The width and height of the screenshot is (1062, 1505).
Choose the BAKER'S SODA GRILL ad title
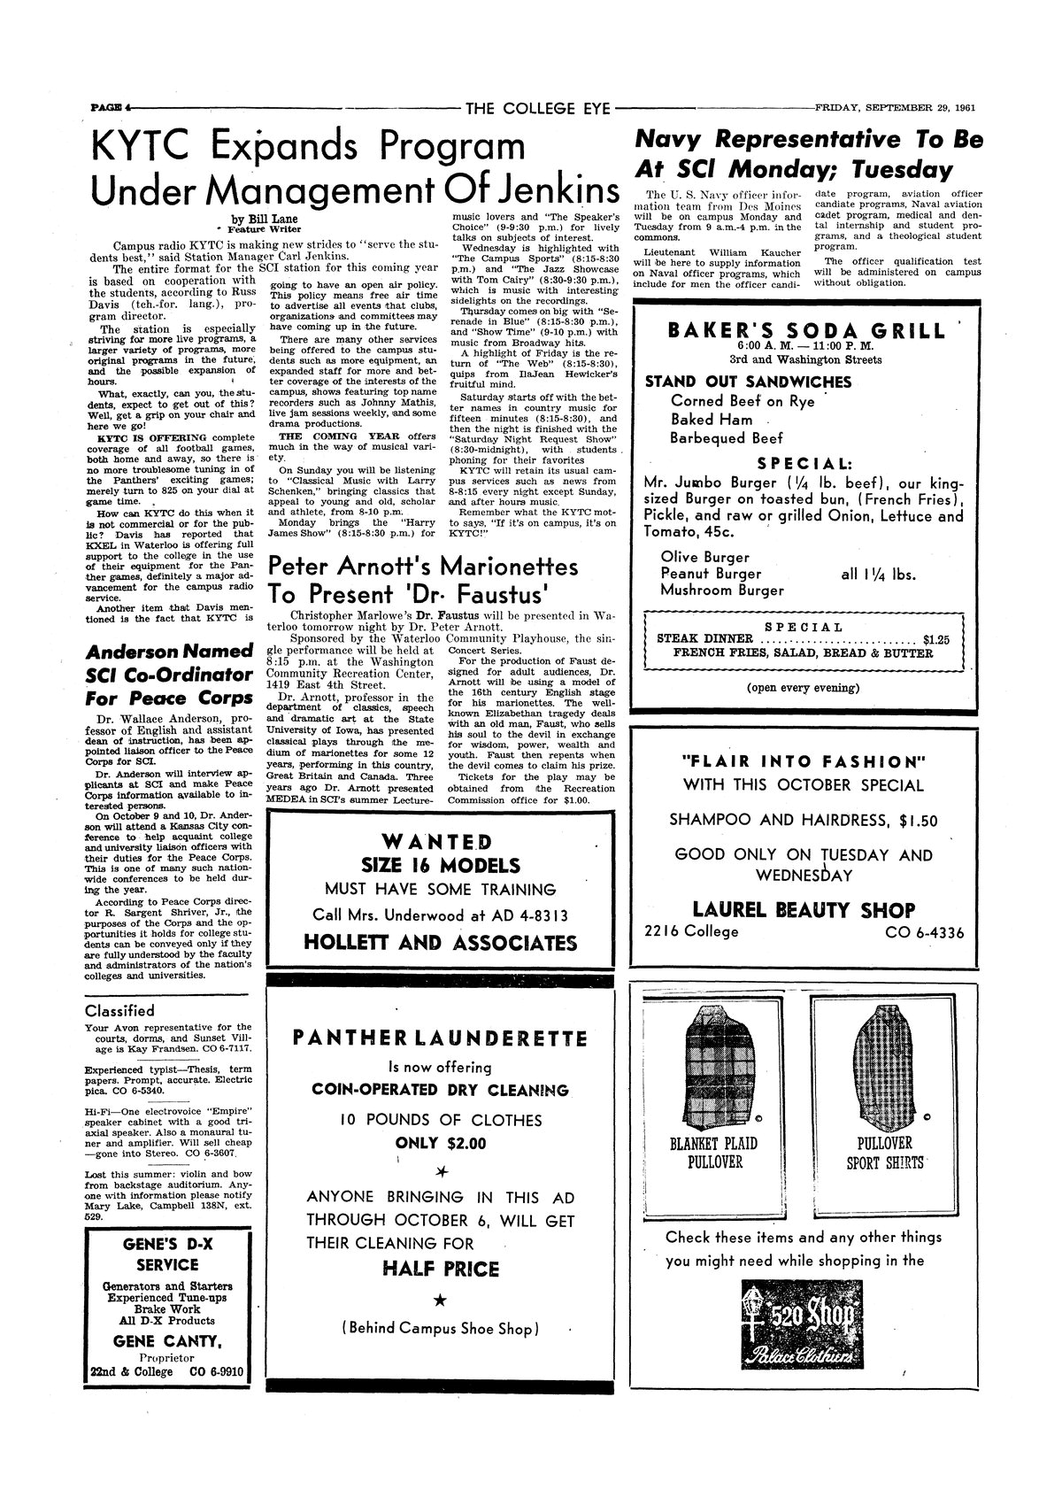[806, 331]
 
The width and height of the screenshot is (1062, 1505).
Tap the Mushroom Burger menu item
[722, 590]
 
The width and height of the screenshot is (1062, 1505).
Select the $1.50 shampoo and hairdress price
[919, 821]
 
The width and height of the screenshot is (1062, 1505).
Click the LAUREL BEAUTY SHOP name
[804, 910]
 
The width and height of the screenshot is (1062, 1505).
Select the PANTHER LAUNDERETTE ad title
[441, 1038]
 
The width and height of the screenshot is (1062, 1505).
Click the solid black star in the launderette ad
[441, 1298]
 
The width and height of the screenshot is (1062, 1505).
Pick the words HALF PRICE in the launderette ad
[441, 1269]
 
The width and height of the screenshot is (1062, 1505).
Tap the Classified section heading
[119, 1010]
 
